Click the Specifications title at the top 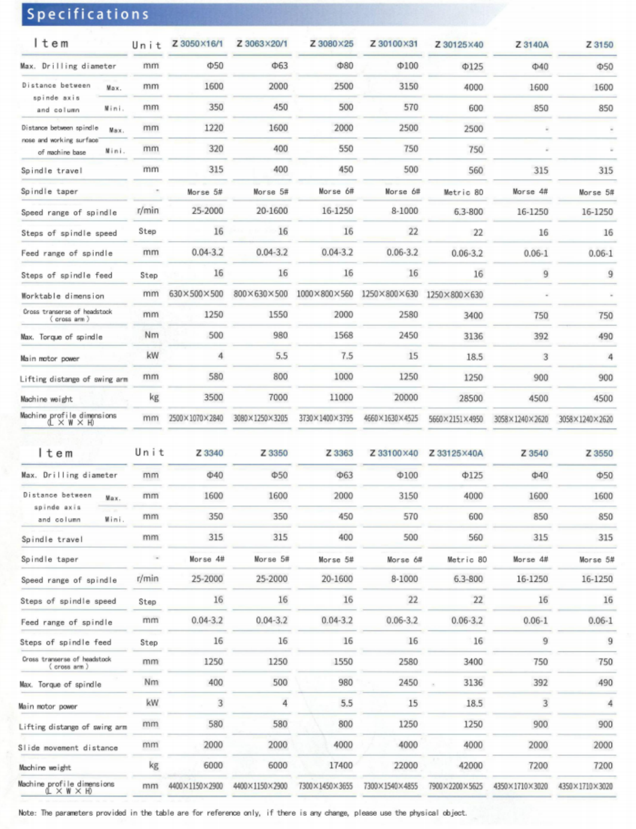tap(88, 14)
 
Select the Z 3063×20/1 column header tap(261, 44)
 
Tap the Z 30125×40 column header tap(459, 44)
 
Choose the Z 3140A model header tap(532, 44)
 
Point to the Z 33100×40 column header tap(394, 453)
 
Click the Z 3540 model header tap(534, 453)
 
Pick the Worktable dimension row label tap(63, 295)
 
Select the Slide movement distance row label tap(68, 747)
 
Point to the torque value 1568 tap(343, 336)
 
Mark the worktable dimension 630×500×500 tap(196, 294)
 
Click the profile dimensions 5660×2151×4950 tap(455, 419)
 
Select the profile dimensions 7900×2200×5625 tap(455, 786)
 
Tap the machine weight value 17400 tap(341, 765)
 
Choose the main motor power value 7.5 tap(347, 356)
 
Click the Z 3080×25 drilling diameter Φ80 tap(345, 65)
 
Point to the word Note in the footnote tap(27, 812)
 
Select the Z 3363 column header tap(339, 453)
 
